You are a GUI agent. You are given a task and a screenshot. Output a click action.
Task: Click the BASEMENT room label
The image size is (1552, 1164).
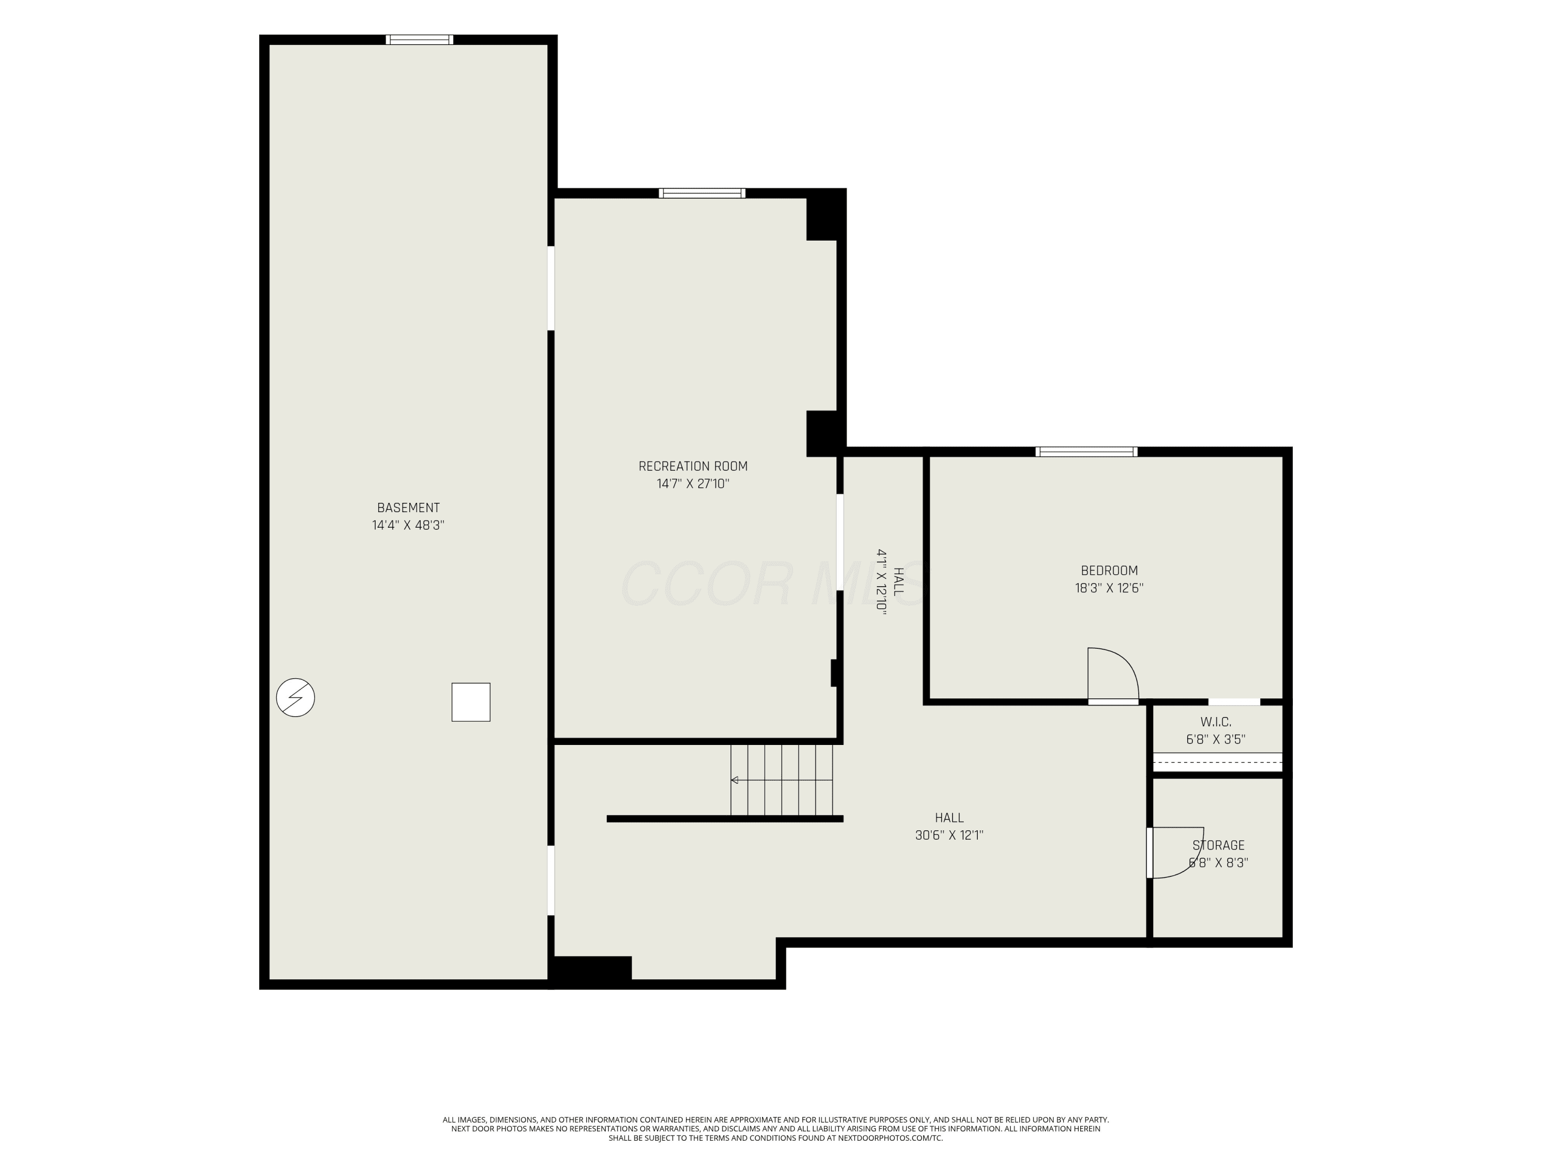tap(408, 508)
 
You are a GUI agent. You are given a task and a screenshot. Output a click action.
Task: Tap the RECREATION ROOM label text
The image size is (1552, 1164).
tap(693, 467)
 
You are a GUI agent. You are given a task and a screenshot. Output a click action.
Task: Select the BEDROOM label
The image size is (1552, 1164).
tap(1109, 571)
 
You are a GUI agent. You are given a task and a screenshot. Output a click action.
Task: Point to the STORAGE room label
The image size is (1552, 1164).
tap(1219, 845)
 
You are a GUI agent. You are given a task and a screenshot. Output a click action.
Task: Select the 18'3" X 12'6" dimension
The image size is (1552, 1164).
tap(1109, 589)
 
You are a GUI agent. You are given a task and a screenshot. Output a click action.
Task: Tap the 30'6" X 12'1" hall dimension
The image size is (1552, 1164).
tap(949, 835)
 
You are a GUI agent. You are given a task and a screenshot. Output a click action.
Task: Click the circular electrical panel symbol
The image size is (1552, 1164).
tap(295, 697)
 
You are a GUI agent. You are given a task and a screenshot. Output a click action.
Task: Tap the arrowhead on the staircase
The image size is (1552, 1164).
tap(735, 780)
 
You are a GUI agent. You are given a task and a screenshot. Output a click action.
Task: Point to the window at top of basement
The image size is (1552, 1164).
tap(420, 40)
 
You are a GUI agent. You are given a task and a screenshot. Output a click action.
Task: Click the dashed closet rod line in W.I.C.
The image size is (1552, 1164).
tap(1218, 762)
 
